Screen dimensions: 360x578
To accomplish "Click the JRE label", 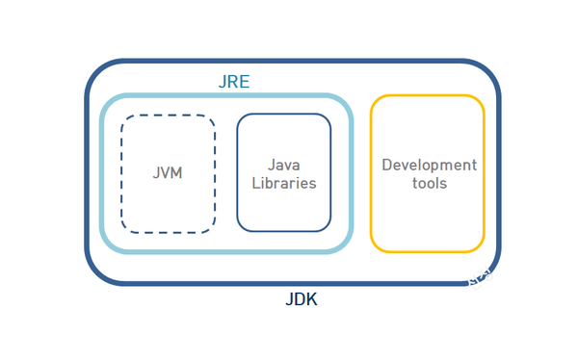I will (x=233, y=82).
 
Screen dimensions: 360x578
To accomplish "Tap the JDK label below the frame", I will (x=301, y=299).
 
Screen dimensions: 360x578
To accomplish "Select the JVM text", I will (x=168, y=174).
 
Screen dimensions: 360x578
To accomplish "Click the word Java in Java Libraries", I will (x=284, y=165).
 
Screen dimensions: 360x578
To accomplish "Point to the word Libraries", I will (x=284, y=183).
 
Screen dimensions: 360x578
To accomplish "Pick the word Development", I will (x=429, y=165).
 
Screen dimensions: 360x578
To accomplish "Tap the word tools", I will (x=429, y=183).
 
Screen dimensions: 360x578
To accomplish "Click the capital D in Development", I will (x=387, y=165).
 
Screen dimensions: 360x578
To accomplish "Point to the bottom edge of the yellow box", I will (x=427, y=252).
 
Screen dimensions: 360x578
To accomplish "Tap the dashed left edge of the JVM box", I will (x=122, y=173).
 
